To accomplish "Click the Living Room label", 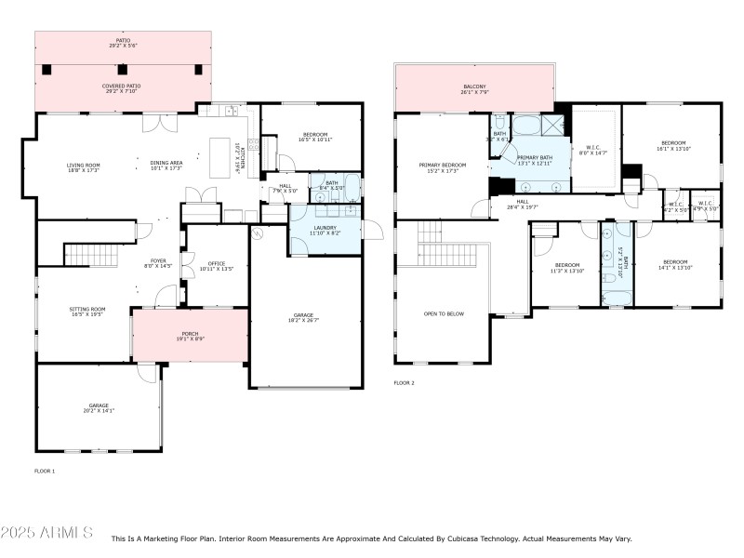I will (x=84, y=167).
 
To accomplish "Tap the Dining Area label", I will (x=166, y=167).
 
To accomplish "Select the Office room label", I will (x=218, y=267).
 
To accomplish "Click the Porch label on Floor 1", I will (x=190, y=336).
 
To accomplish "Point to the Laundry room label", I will (x=325, y=230).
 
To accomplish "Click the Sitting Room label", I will (x=87, y=312).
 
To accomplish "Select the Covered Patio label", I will (x=123, y=88).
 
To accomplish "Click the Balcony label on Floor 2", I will (x=473, y=89).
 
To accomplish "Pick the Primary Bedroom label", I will (x=442, y=167).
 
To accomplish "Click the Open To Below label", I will (x=444, y=314).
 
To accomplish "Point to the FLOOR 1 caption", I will (x=45, y=472).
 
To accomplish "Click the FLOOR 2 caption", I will (x=404, y=383).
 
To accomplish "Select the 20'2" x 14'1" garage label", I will (x=99, y=408).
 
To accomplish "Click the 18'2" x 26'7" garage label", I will (x=304, y=318).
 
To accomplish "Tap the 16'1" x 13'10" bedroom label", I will (x=671, y=145).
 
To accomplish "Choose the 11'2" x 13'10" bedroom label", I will (x=565, y=267).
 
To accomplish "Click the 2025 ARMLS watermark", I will (x=46, y=533).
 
